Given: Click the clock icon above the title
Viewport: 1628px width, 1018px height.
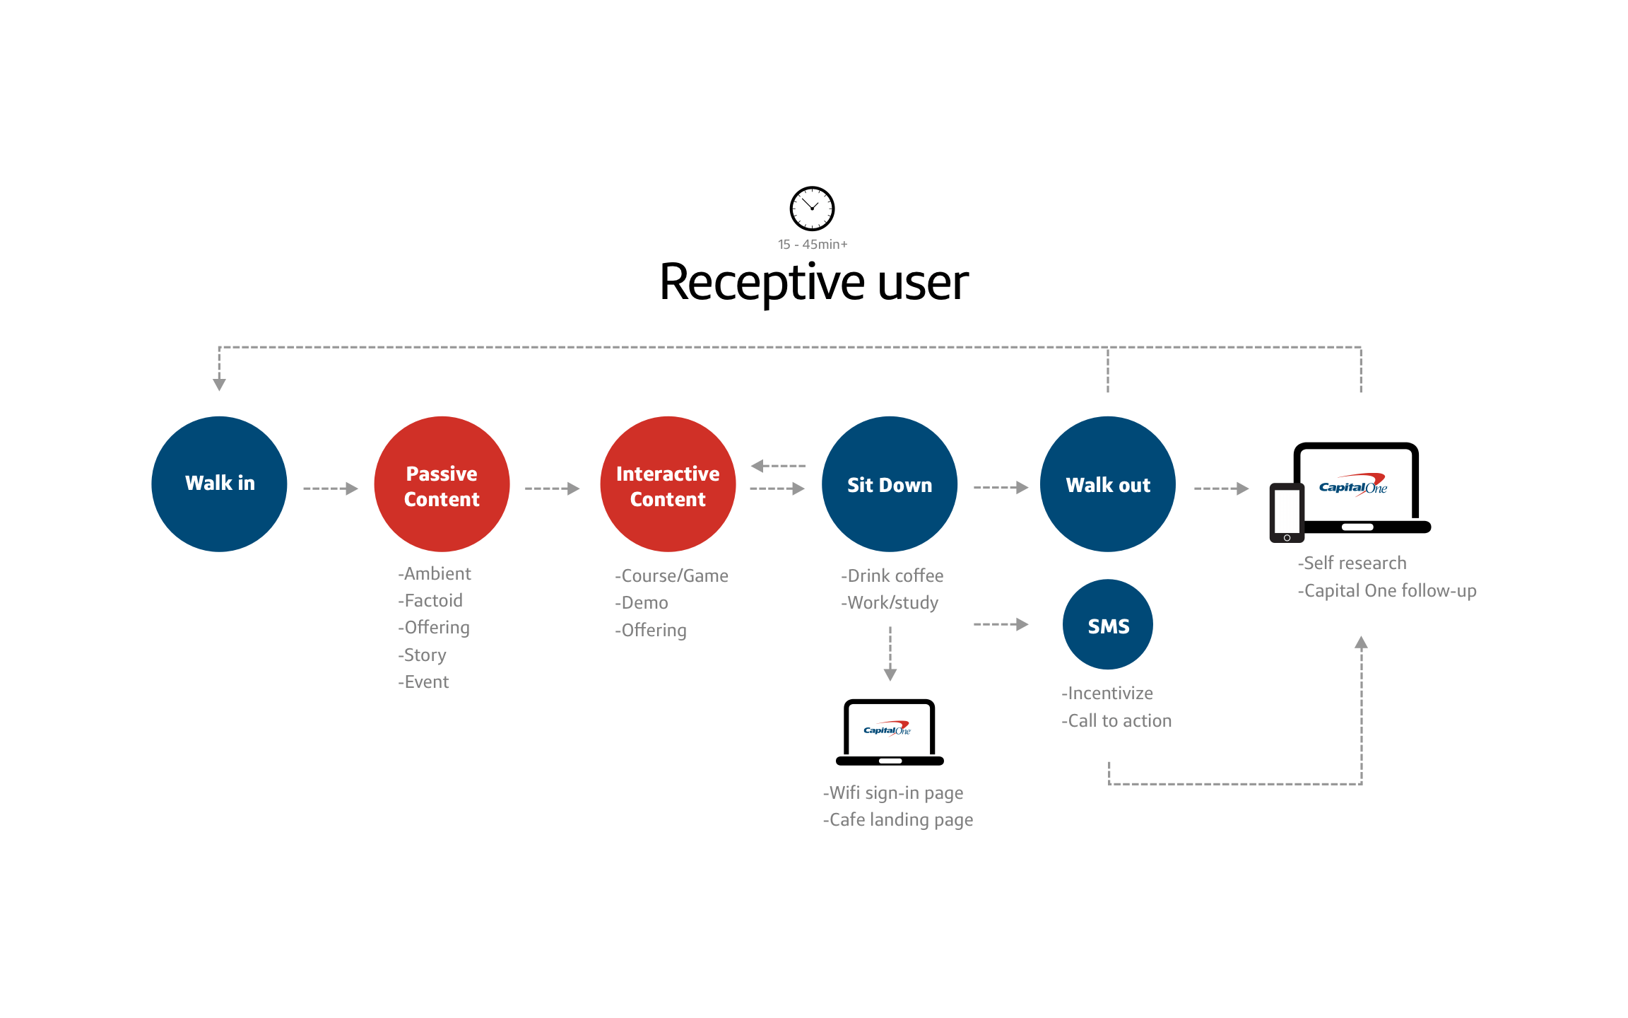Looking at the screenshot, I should coord(812,209).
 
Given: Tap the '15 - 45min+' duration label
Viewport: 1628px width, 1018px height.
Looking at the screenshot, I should coord(813,245).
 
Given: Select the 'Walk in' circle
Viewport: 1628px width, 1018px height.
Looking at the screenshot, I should coord(219,484).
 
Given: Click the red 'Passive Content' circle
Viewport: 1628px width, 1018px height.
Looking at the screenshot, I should coord(442,484).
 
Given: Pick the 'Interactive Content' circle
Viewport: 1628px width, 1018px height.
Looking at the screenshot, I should coord(668,484).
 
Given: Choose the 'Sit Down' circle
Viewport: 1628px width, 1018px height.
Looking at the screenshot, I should coord(890,484).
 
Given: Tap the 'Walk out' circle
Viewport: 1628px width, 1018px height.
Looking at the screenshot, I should coord(1108,484).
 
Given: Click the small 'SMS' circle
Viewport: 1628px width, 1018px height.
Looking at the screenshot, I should coord(1108,625).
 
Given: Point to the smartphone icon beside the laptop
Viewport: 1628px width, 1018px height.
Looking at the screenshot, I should coord(1287,513).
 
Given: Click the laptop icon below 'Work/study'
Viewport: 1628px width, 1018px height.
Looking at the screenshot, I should coord(890,732).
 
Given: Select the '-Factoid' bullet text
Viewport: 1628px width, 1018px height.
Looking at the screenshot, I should coord(430,601).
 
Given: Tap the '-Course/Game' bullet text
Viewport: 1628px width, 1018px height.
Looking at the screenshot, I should coord(671,576).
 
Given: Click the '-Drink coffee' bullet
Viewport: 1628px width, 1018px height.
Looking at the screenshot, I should coord(892,576).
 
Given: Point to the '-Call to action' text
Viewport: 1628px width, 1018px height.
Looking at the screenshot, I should coord(1116,721).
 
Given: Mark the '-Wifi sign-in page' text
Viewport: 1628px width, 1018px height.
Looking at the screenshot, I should coord(893,793).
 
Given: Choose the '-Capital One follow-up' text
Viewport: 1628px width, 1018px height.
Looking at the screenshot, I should coord(1387,591).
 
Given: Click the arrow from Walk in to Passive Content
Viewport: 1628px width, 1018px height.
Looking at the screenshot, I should coord(331,488).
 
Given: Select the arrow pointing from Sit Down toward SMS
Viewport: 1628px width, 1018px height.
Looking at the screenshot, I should coord(1001,624).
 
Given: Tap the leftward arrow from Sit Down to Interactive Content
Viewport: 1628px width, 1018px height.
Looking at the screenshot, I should coord(777,466).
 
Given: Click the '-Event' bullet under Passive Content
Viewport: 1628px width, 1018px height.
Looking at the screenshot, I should coord(423,682).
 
